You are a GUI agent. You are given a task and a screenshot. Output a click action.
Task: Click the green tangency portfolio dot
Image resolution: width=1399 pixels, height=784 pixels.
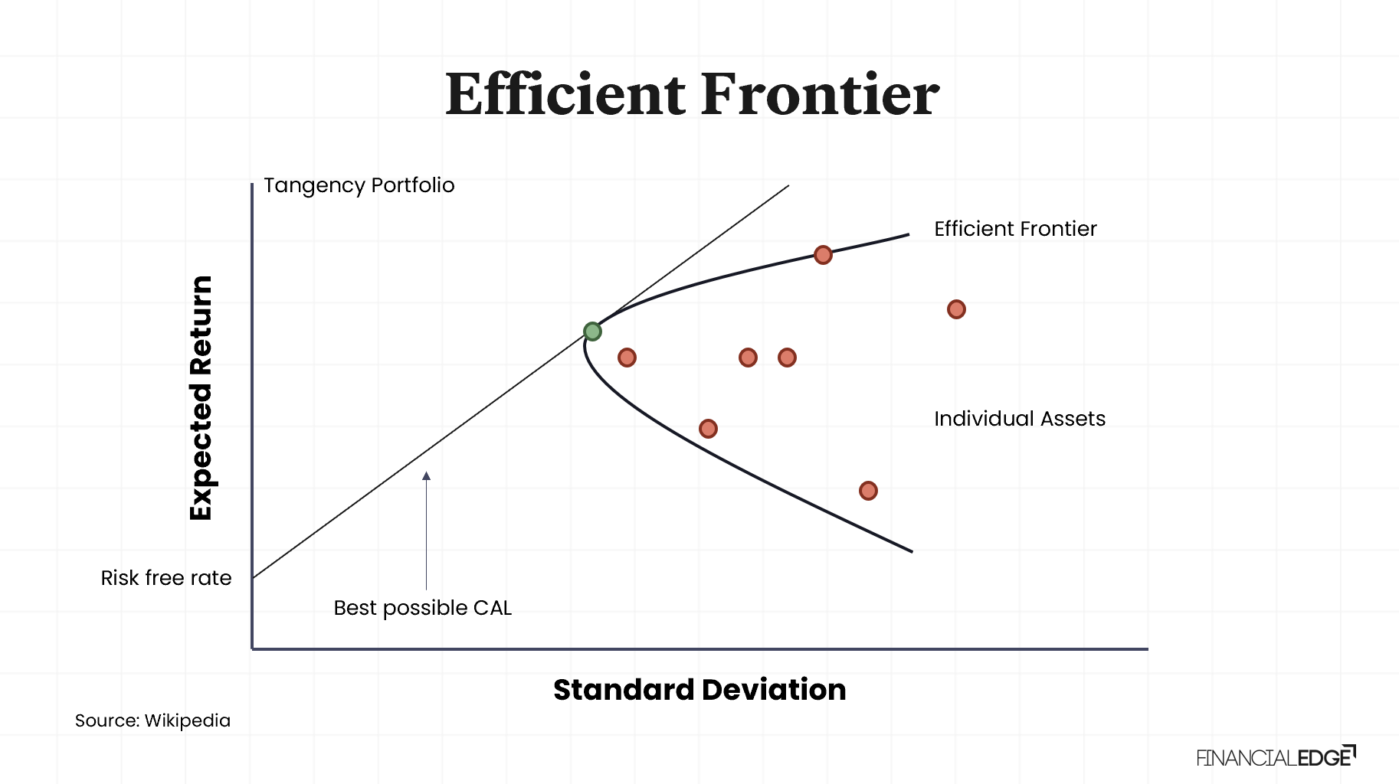point(592,332)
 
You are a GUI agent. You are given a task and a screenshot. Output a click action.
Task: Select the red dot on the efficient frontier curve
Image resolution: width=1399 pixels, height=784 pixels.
point(823,255)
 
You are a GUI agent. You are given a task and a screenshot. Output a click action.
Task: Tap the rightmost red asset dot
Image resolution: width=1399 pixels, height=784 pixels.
point(956,309)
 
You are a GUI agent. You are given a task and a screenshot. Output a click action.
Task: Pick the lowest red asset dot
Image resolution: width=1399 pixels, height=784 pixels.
point(868,491)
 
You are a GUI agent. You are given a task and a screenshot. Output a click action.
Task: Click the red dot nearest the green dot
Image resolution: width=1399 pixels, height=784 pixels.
point(627,358)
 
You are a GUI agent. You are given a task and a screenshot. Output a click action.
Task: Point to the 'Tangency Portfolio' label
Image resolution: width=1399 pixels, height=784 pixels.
point(359,185)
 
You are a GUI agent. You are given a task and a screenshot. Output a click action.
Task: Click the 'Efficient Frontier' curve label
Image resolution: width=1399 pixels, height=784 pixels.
point(1015,229)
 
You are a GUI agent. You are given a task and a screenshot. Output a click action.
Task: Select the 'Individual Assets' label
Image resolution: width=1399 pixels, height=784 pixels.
point(1019,419)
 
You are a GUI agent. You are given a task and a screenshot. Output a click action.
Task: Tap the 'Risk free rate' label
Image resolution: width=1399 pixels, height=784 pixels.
point(166,578)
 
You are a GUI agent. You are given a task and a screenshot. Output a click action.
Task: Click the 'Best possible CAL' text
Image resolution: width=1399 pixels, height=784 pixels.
point(422,608)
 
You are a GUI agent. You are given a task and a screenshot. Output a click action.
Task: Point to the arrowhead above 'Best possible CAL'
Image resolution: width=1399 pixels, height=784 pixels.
point(427,476)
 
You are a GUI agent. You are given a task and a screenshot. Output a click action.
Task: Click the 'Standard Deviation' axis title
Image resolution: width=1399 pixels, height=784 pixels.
point(699,690)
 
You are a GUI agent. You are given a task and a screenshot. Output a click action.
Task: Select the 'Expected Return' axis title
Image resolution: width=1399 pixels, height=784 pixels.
point(201,398)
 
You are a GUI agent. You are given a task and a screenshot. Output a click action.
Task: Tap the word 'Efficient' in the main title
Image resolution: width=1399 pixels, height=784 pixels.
point(565,95)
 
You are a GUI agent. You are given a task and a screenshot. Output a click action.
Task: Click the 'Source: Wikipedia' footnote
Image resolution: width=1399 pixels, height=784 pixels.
point(152,720)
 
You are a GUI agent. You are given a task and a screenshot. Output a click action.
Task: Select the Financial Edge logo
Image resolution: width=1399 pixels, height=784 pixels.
point(1276,757)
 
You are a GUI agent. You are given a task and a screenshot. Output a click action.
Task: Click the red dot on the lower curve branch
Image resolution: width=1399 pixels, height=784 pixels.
point(708,429)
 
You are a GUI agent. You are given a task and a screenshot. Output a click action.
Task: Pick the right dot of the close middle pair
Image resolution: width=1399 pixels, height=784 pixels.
point(787,358)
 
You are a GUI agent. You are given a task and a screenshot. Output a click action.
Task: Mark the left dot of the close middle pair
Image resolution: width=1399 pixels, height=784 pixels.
point(748,358)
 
